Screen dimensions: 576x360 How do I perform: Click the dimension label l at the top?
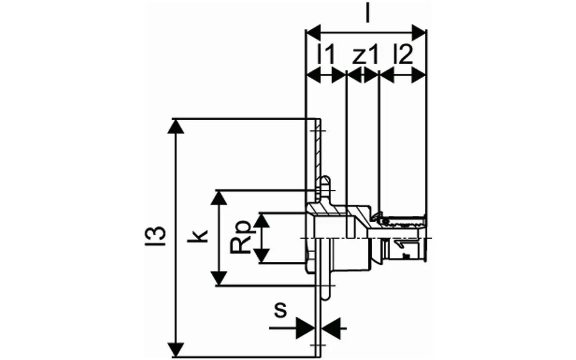(x=368, y=13)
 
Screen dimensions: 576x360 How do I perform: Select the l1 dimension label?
(x=326, y=54)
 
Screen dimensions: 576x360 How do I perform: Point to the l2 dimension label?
(x=403, y=54)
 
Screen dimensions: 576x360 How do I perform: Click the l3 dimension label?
(x=155, y=236)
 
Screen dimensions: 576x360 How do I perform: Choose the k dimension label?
(x=197, y=236)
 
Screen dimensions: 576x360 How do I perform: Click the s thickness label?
(x=280, y=310)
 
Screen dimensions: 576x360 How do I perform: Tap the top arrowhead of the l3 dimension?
(x=176, y=127)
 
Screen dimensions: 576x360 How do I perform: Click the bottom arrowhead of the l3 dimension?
(x=176, y=350)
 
